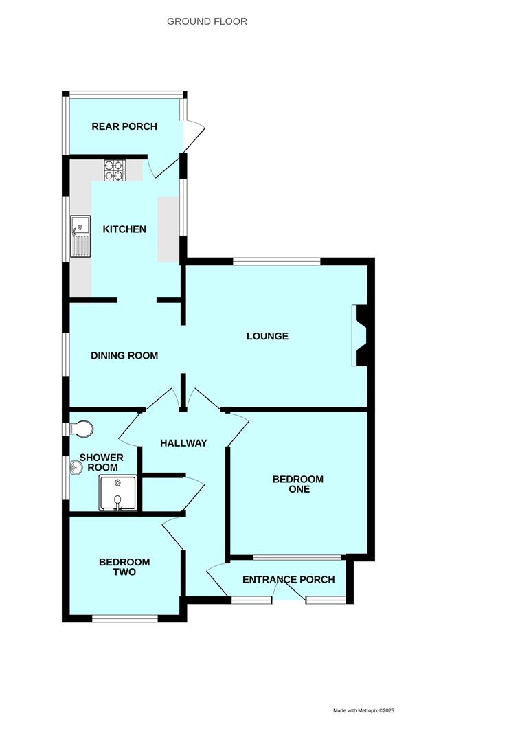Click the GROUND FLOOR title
(207, 21)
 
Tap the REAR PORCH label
(124, 126)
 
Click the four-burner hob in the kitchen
(113, 170)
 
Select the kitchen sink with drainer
(80, 236)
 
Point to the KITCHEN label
(124, 229)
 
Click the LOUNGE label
(267, 336)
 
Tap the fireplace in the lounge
(359, 335)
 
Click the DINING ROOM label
(124, 355)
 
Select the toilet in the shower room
(81, 429)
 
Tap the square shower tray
(118, 493)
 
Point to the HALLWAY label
(183, 443)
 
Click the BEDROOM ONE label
(298, 484)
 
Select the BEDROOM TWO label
(124, 567)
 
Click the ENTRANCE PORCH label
(289, 580)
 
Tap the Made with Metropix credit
(363, 710)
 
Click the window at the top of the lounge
(277, 261)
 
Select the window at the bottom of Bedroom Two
(125, 618)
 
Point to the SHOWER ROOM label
(102, 462)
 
